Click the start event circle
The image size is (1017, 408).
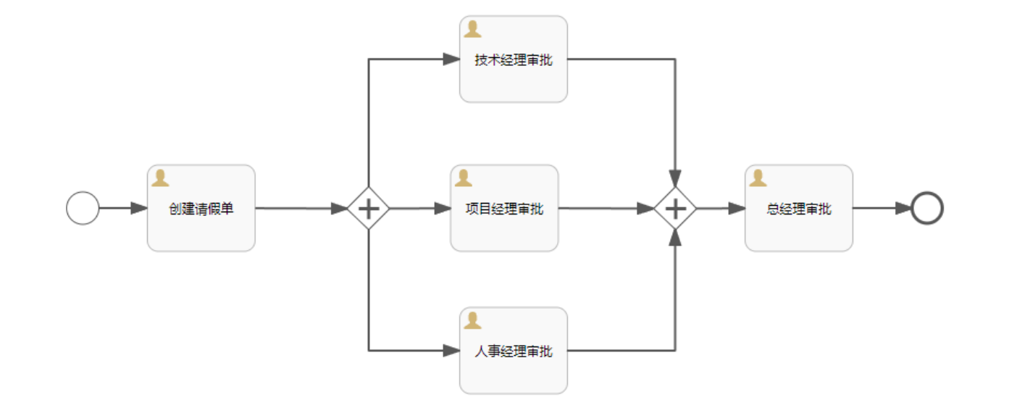[83, 208]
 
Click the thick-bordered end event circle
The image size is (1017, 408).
[927, 208]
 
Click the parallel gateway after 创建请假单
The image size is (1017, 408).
[369, 209]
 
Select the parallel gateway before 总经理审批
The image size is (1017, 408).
[675, 209]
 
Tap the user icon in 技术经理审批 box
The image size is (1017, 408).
[473, 30]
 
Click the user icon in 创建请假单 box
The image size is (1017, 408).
[160, 178]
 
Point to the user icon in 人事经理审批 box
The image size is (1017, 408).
[473, 320]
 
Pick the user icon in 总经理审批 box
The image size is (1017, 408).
[758, 178]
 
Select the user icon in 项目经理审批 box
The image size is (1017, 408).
[464, 178]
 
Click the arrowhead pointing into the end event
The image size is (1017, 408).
[903, 208]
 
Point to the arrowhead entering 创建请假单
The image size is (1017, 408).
[139, 208]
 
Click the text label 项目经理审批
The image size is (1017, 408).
[504, 209]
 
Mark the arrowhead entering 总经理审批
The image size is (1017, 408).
[737, 208]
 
